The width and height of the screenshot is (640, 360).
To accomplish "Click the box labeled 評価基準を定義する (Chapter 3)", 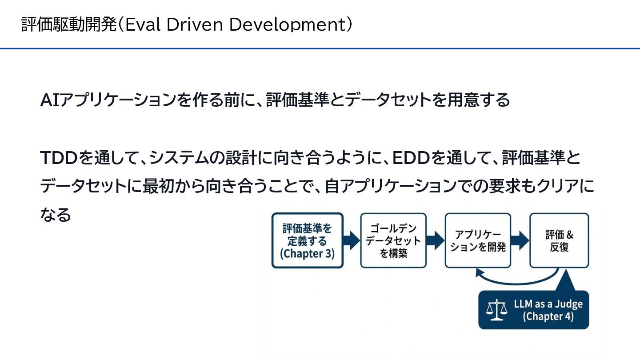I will (x=307, y=240).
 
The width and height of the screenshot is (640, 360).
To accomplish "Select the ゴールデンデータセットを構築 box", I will (x=393, y=240).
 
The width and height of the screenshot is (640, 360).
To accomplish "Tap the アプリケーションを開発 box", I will (x=478, y=240).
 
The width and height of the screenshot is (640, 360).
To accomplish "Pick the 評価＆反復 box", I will (x=559, y=240).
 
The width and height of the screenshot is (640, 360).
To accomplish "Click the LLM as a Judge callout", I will (x=533, y=310).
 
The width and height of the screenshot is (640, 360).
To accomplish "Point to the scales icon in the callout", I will (x=496, y=310).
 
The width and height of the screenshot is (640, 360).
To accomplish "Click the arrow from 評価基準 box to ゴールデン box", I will (x=352, y=240).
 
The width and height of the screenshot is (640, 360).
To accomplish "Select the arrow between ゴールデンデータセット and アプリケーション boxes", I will (x=436, y=240).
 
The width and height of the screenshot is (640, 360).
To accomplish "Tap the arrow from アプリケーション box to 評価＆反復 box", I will (x=520, y=240).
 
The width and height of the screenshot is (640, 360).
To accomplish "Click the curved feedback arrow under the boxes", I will (x=516, y=280).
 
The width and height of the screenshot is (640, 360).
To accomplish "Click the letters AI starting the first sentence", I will (x=49, y=100).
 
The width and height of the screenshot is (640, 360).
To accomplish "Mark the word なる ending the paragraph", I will (x=56, y=215).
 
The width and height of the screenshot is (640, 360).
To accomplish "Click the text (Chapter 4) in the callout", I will (x=548, y=316).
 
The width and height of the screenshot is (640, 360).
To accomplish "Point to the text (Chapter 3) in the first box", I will (x=307, y=253).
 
